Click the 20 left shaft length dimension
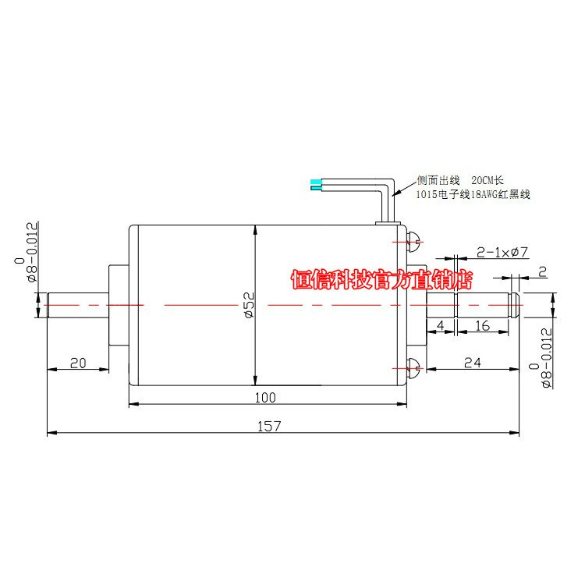[x=77, y=362]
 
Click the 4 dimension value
[x=441, y=325]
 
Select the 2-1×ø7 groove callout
[x=502, y=252]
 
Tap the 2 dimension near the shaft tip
[x=541, y=271]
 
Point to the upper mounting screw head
[x=414, y=239]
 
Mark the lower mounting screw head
[x=414, y=365]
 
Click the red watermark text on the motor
[x=382, y=279]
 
